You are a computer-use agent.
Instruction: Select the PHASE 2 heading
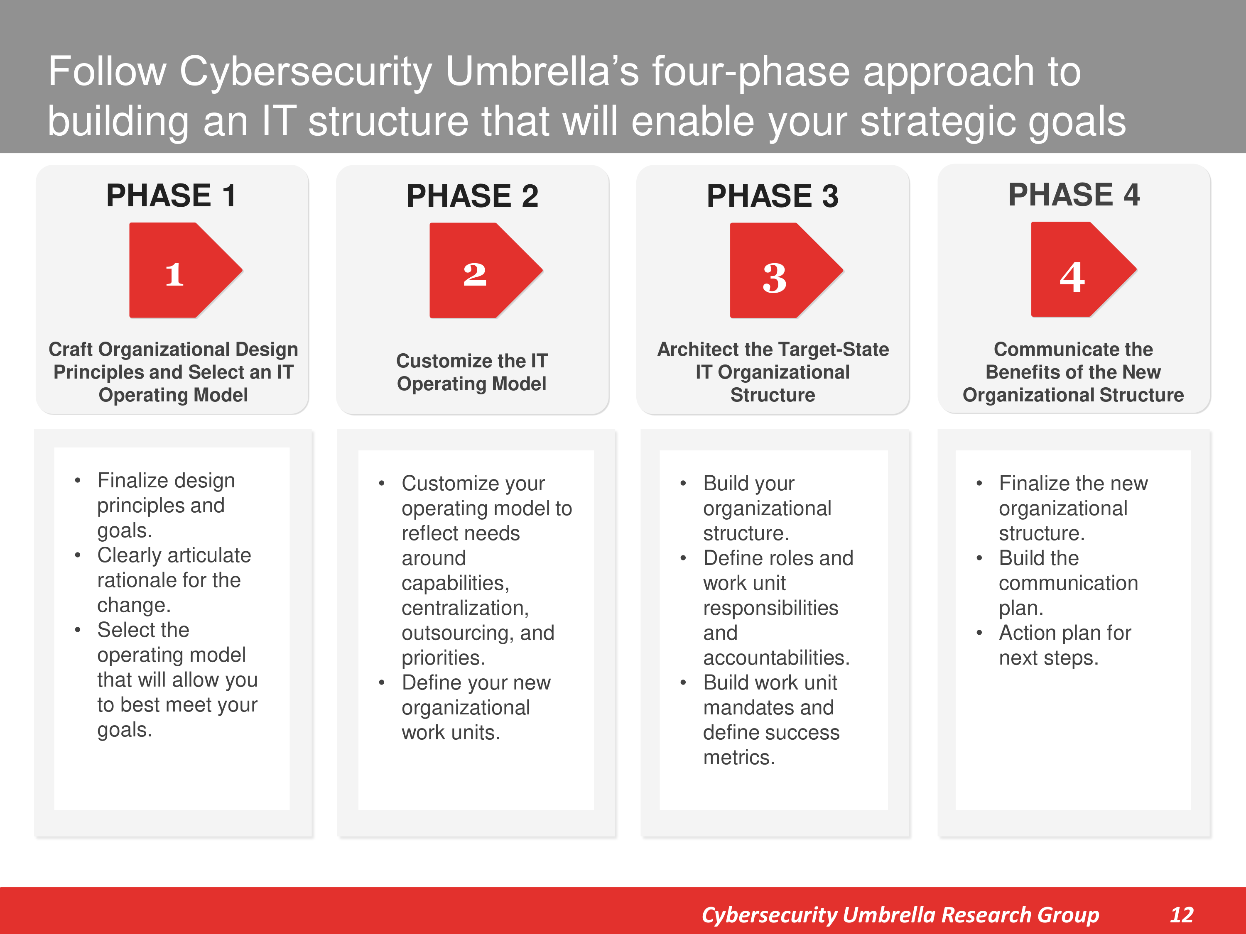(x=472, y=196)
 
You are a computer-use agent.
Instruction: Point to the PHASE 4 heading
(x=1074, y=195)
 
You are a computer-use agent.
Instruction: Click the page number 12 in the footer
(x=1181, y=915)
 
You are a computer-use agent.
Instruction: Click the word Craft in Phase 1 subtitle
(x=71, y=350)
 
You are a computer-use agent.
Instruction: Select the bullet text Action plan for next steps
(x=1064, y=645)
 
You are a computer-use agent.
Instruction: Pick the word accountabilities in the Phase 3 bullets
(x=776, y=658)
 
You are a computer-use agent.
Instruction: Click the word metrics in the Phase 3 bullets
(x=738, y=758)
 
